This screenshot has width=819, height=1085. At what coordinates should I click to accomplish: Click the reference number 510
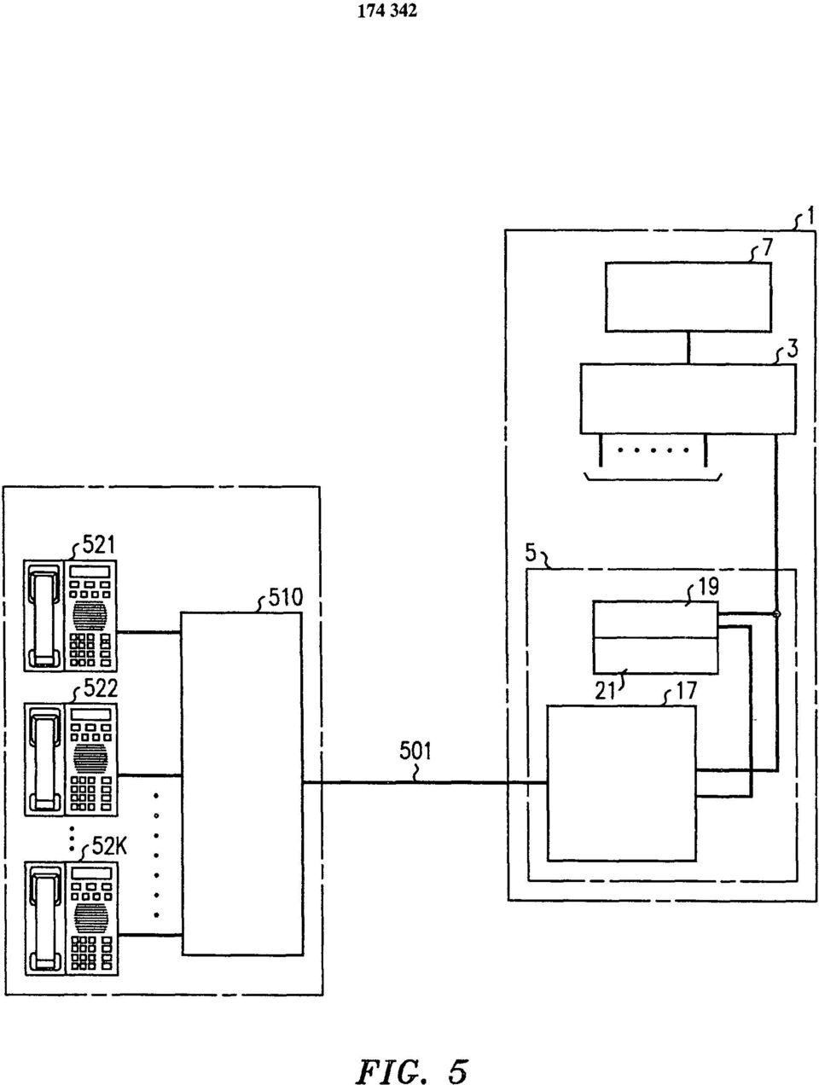tap(285, 598)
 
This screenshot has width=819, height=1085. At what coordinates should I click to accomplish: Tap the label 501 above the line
tap(415, 751)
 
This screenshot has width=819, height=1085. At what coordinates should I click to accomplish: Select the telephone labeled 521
tap(71, 615)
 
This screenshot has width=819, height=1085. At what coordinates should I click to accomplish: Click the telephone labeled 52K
tap(71, 918)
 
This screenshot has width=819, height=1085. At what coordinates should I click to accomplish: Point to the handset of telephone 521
tap(44, 616)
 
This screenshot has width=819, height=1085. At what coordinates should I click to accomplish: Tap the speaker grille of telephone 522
tap(90, 758)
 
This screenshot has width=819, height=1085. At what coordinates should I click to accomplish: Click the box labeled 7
tap(688, 297)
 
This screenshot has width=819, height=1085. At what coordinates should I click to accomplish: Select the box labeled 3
tap(688, 399)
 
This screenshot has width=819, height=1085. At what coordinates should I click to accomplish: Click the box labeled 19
tap(655, 619)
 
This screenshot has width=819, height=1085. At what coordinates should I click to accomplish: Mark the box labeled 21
tap(655, 655)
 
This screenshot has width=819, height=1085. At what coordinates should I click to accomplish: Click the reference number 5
tap(531, 553)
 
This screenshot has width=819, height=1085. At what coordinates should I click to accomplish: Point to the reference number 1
tap(810, 216)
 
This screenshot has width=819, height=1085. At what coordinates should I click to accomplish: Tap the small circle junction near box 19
tap(776, 614)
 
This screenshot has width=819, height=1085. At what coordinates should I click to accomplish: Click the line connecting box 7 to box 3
tap(688, 349)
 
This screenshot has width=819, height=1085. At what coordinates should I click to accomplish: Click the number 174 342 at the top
tap(387, 11)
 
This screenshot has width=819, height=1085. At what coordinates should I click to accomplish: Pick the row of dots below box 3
tap(653, 450)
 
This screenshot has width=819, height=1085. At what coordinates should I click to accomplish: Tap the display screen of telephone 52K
tap(90, 873)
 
